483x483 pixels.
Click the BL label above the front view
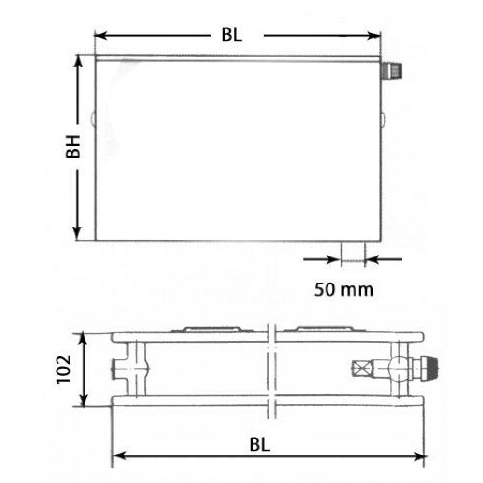point(232,35)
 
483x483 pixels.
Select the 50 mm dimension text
point(344,289)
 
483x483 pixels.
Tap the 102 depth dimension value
point(64,369)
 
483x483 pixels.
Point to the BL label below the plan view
point(260,444)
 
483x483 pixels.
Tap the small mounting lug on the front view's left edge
point(93,118)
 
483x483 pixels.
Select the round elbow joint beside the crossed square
point(397,369)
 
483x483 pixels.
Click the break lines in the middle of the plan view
point(271,369)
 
